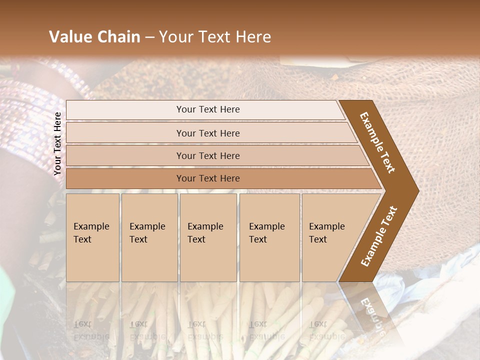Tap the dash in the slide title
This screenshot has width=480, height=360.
[149, 37]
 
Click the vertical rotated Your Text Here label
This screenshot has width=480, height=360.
[58, 143]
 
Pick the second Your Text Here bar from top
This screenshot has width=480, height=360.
[208, 133]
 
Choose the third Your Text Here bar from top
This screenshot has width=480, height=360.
[208, 155]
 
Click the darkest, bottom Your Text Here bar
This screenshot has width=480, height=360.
[208, 178]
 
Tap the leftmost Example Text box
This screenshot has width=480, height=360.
[92, 237]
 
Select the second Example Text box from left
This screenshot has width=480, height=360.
[149, 237]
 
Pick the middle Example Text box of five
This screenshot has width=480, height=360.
[208, 237]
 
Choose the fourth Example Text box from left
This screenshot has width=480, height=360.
[269, 237]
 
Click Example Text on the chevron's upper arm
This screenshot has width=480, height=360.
[377, 142]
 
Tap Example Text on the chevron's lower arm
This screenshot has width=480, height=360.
[379, 236]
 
